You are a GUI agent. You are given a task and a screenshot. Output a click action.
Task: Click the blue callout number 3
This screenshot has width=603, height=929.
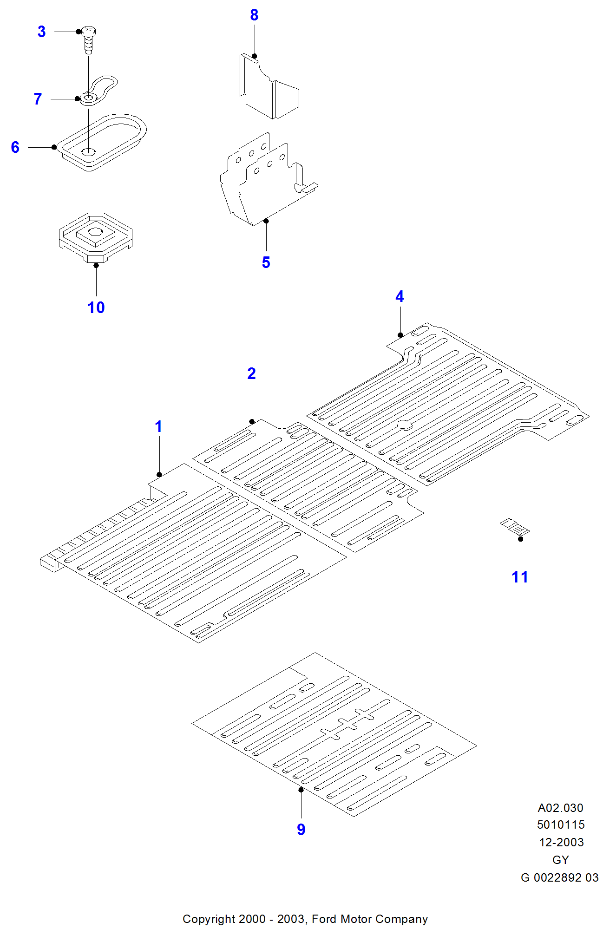[x=41, y=32]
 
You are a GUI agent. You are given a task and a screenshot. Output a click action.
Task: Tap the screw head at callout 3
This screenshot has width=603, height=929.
[x=88, y=33]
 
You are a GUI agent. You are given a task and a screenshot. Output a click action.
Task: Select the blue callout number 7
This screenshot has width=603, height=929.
[x=38, y=99]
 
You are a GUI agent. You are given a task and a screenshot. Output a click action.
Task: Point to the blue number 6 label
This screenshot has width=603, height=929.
[x=15, y=147]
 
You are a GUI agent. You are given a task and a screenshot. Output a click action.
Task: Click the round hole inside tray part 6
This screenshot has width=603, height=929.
[x=88, y=152]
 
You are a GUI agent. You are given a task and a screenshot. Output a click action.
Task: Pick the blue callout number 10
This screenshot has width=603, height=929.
[x=96, y=307]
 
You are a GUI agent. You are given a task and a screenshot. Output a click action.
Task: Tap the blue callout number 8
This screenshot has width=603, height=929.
[x=254, y=15]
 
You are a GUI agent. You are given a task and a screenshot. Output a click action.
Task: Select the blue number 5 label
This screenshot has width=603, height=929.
[x=266, y=262]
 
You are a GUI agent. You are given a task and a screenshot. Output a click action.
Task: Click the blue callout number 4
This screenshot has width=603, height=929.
[x=400, y=296]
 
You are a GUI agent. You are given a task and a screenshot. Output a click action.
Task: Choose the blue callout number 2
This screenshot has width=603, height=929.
[x=251, y=373]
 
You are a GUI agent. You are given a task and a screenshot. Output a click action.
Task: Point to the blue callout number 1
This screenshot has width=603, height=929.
[x=158, y=426]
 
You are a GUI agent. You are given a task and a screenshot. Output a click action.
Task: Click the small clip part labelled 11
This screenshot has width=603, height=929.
[x=515, y=527]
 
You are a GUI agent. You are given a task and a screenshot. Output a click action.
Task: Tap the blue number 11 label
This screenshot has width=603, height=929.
[x=520, y=577]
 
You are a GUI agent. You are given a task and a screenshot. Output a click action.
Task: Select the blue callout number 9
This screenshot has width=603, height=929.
[x=301, y=830]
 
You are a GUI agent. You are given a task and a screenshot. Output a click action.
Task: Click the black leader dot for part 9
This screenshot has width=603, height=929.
[x=301, y=790]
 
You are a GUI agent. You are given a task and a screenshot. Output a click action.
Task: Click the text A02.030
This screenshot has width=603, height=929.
[x=560, y=808]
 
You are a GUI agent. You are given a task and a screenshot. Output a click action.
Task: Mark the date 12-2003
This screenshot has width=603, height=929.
[x=561, y=842]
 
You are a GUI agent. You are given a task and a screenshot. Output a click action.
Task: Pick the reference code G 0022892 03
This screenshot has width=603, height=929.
[x=559, y=877]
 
